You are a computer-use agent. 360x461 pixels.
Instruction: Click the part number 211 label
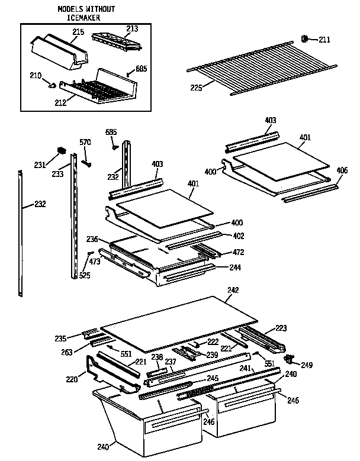point(324,40)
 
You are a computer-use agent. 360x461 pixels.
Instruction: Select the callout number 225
point(196,88)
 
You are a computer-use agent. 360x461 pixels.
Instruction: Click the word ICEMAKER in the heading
point(86,18)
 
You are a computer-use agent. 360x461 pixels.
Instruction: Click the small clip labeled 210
point(53,85)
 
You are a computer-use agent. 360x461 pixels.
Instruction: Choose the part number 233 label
point(57,175)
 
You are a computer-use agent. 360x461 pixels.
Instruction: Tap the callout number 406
point(342,172)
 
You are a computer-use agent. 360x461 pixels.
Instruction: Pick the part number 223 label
point(281,328)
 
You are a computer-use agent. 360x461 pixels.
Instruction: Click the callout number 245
point(212,379)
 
